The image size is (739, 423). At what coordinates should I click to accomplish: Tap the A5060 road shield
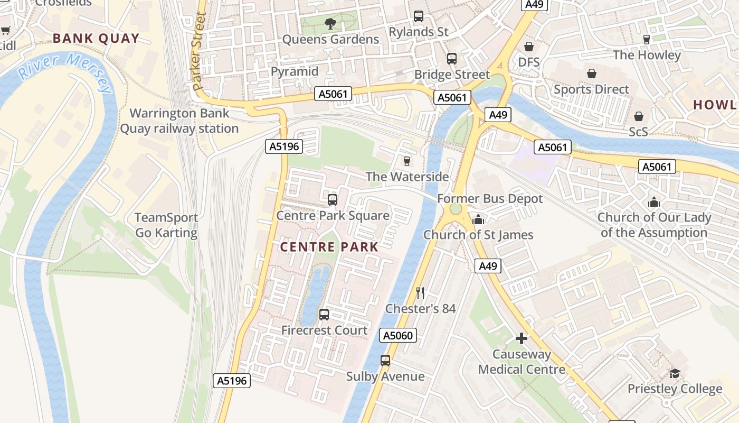click(399, 335)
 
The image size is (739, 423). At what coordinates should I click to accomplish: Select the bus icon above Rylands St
click(419, 16)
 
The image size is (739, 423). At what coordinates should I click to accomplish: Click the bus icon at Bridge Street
click(452, 59)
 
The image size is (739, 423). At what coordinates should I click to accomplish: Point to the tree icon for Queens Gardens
click(330, 23)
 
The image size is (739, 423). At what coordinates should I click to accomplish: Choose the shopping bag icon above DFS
click(528, 47)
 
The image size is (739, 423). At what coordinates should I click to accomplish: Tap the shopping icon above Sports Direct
click(591, 73)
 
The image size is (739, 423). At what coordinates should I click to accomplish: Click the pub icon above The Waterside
click(406, 161)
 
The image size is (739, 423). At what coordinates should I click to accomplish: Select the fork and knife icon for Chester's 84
click(420, 292)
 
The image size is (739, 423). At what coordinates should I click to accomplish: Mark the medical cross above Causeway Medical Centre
click(522, 338)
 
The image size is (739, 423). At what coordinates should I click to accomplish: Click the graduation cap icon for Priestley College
click(675, 373)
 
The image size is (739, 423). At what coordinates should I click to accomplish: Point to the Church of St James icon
click(478, 219)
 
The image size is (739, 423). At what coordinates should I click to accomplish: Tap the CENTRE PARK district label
click(329, 247)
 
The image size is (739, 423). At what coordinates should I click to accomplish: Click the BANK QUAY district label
click(96, 38)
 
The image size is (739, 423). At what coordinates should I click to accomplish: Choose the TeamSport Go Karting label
click(166, 225)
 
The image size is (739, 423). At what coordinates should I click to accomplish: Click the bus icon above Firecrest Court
click(324, 315)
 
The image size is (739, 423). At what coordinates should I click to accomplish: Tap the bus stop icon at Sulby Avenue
click(385, 361)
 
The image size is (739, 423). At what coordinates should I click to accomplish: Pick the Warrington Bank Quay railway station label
click(179, 121)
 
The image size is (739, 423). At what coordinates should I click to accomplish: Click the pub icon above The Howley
click(646, 40)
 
